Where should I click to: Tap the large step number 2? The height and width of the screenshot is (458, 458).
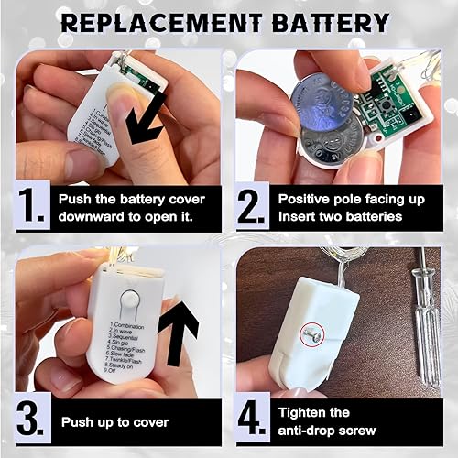point(253,207)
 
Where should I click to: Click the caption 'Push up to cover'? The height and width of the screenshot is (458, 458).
point(114,422)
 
